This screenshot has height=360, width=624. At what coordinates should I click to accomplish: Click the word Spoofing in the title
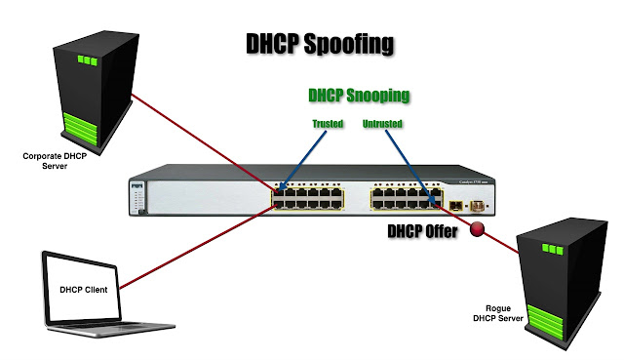pyautogui.click(x=349, y=44)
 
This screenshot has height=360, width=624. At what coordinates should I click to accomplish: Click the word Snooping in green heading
pyautogui.click(x=377, y=96)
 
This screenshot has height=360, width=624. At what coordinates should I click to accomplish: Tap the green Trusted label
pyautogui.click(x=328, y=124)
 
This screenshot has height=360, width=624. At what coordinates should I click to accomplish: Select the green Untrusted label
pyautogui.click(x=382, y=124)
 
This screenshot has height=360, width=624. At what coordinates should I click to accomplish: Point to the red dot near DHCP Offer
pyautogui.click(x=477, y=229)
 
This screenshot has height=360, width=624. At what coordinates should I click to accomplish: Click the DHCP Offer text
pyautogui.click(x=422, y=231)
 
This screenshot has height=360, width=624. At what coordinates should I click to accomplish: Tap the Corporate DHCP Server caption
pyautogui.click(x=55, y=161)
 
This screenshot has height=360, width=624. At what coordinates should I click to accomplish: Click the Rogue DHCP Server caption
pyautogui.click(x=498, y=313)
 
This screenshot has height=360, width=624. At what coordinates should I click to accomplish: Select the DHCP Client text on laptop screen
pyautogui.click(x=84, y=290)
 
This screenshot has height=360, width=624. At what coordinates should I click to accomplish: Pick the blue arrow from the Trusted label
pyautogui.click(x=302, y=160)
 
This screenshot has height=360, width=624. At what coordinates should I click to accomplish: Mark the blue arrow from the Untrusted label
pyautogui.click(x=410, y=167)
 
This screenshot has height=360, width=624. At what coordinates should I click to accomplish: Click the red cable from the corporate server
pyautogui.click(x=204, y=143)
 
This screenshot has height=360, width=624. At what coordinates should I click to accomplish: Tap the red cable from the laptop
pyautogui.click(x=198, y=246)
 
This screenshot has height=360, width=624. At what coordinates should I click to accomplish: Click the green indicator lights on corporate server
pyautogui.click(x=88, y=60)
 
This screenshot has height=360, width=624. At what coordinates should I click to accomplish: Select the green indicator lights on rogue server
pyautogui.click(x=553, y=250)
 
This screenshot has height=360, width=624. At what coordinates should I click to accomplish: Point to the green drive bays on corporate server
pyautogui.click(x=80, y=128)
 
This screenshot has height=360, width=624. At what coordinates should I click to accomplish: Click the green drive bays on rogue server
pyautogui.click(x=545, y=322)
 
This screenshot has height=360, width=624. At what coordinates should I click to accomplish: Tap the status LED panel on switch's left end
pyautogui.click(x=137, y=198)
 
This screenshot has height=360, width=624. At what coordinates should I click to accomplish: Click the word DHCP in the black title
pyautogui.click(x=272, y=43)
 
